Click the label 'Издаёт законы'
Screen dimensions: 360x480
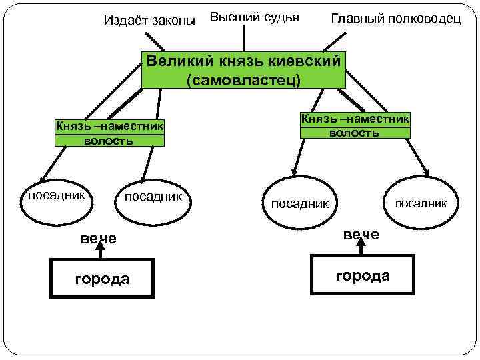[150, 21]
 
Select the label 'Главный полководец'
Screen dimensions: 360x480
[396, 19]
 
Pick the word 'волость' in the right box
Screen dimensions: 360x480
[355, 132]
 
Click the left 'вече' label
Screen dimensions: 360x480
[98, 238]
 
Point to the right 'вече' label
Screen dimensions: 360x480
[361, 234]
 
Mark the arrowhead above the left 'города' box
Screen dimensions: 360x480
[100, 246]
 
